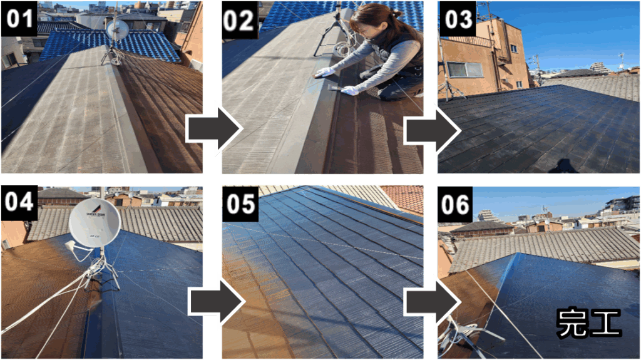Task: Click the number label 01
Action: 19,19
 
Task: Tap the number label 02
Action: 240,19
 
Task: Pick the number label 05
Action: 240,203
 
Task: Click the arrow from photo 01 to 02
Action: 214,129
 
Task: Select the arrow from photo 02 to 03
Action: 433,131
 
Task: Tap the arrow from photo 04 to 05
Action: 216,302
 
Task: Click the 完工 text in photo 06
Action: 588,323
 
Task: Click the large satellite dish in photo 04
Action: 95,223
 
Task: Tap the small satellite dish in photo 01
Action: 117,29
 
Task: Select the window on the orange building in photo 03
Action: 465,69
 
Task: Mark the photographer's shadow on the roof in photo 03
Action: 563,166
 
